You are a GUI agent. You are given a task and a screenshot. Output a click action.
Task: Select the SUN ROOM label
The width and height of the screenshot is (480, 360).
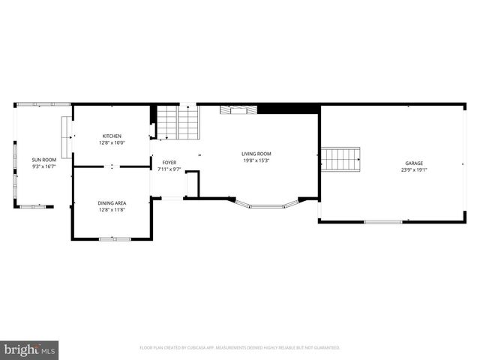click(x=43, y=159)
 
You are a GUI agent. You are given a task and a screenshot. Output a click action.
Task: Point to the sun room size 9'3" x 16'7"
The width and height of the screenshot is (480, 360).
click(x=43, y=165)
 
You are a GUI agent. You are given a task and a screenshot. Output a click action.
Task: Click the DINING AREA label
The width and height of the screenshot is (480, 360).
click(x=112, y=202)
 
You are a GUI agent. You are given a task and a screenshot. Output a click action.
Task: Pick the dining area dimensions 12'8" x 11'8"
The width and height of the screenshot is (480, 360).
click(x=112, y=208)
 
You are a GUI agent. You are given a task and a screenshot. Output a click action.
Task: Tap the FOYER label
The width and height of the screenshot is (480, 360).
click(x=169, y=163)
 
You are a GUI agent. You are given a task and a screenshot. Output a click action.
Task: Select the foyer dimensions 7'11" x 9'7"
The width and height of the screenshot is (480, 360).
click(x=169, y=169)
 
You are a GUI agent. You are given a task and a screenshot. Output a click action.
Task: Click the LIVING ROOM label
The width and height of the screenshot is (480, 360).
click(x=256, y=154)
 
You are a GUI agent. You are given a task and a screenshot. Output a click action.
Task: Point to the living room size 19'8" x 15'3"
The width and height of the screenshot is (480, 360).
click(x=256, y=160)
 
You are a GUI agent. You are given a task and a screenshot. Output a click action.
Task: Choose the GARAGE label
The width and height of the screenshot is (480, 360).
click(x=414, y=163)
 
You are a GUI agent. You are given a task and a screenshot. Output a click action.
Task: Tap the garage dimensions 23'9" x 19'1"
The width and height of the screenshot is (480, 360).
click(x=414, y=169)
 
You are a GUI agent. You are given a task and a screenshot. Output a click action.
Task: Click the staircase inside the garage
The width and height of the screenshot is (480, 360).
click(x=340, y=159)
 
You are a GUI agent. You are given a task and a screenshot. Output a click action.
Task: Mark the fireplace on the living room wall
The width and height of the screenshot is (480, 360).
click(x=238, y=109)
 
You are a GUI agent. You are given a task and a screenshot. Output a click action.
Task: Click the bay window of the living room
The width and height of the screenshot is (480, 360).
click(x=266, y=204)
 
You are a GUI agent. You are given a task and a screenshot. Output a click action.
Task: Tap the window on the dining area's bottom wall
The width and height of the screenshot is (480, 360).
click(x=115, y=238)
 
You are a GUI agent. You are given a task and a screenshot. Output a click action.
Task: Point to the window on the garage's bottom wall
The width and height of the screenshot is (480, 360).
click(x=382, y=221)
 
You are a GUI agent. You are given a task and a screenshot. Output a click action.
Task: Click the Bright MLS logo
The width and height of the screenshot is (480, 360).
click(x=29, y=349)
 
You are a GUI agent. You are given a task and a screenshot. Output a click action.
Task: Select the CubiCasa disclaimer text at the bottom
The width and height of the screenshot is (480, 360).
click(x=239, y=348)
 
